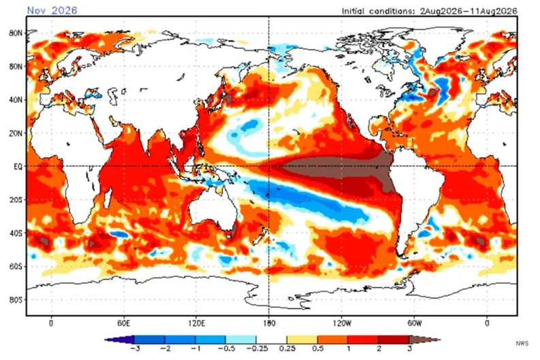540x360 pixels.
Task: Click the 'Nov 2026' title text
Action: click(x=52, y=10)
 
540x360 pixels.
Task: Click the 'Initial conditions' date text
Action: click(x=429, y=11)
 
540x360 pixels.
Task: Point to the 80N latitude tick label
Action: click(x=16, y=33)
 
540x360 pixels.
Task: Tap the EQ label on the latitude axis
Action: click(x=18, y=167)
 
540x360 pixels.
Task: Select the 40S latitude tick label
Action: click(x=16, y=233)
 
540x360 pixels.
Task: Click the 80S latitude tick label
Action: click(x=16, y=299)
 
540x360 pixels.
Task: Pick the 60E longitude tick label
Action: click(x=124, y=323)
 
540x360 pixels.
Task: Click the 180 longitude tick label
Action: click(x=269, y=323)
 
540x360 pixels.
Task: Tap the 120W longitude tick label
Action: click(x=342, y=323)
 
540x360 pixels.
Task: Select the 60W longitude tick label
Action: click(x=414, y=323)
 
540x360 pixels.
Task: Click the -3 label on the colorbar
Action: click(x=136, y=348)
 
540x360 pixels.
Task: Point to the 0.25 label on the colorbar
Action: click(x=287, y=348)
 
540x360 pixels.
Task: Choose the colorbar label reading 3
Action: click(x=409, y=348)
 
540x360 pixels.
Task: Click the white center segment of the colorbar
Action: click(x=272, y=340)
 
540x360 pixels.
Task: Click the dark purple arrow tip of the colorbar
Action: click(x=119, y=340)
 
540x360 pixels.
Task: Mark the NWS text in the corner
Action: click(x=522, y=343)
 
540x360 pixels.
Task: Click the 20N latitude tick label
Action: click(x=16, y=133)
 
